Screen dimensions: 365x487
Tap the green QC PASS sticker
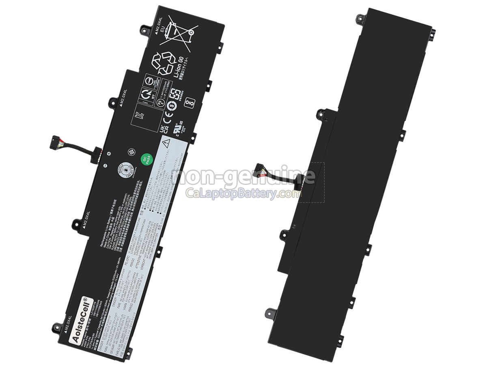click(146, 159)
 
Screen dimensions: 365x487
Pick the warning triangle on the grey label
click(166, 143)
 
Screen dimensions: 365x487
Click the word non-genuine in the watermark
click(243, 176)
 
